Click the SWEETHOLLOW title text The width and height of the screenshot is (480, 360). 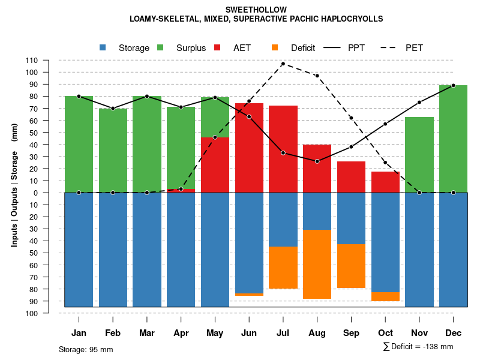coord(256,10)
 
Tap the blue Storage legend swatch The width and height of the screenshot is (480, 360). coord(103,48)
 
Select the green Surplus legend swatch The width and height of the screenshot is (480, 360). coord(160,48)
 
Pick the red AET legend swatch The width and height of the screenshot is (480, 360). coord(217,48)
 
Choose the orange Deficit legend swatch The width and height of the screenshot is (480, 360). coord(275,48)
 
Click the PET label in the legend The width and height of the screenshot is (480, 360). coord(414,48)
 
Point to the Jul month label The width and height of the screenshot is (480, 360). coord(283,333)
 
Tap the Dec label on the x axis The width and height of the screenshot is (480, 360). coord(453,333)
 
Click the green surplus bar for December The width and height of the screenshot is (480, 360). coord(453,138)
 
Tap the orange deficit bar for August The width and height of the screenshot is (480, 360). coord(317,264)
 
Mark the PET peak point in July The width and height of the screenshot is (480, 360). coord(283,64)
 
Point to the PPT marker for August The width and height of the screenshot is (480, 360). coord(317,161)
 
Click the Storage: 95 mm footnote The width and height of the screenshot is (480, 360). coord(86,349)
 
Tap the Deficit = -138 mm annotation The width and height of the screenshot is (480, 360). coord(418,347)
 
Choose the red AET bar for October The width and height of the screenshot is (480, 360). coord(385,182)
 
